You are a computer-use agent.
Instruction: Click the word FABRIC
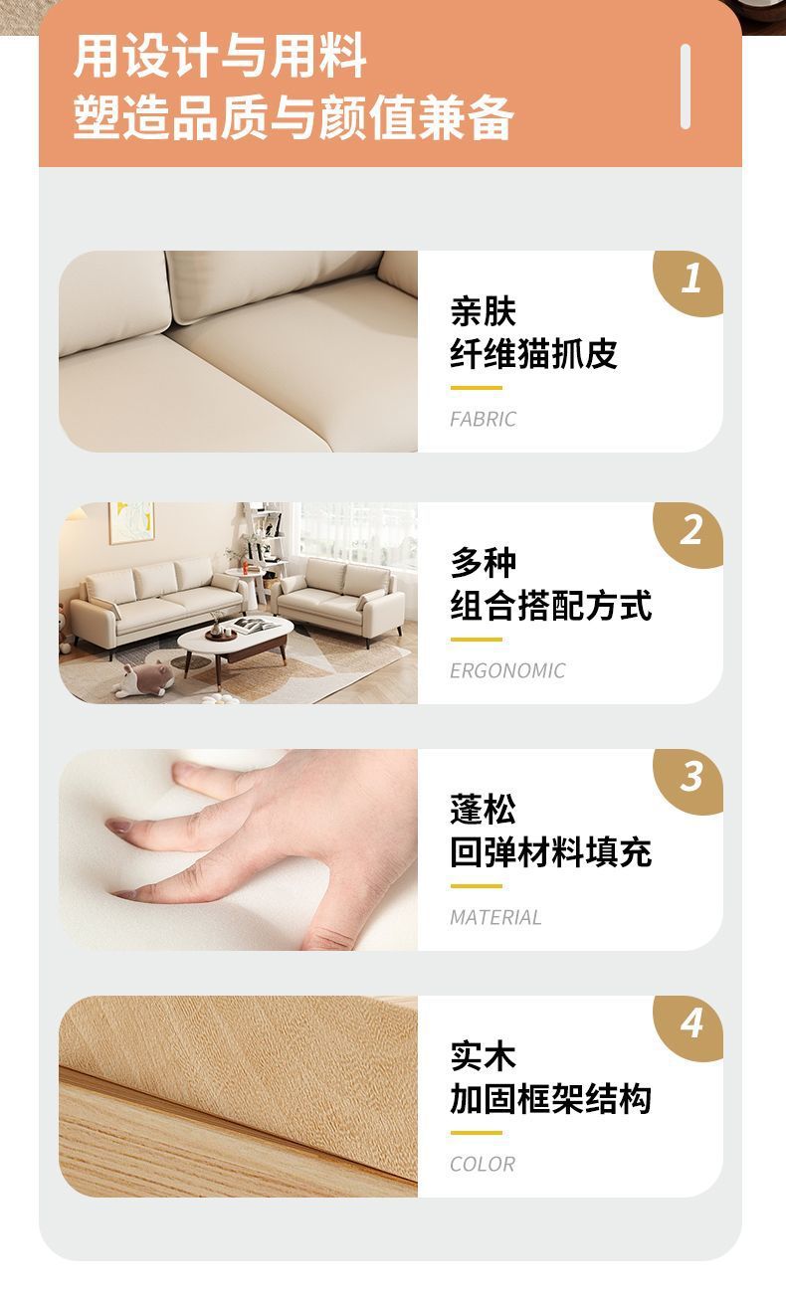[x=484, y=419]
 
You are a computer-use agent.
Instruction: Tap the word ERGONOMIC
[x=507, y=670]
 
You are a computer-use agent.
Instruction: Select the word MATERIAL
[x=495, y=917]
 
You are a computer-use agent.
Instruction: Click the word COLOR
[x=483, y=1164]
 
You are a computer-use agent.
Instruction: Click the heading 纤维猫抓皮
[x=533, y=353]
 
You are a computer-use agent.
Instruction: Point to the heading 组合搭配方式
[x=551, y=605]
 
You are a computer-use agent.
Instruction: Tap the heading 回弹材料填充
[x=551, y=851]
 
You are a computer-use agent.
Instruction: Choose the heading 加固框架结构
[x=551, y=1098]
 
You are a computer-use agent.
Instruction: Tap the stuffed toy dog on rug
[x=144, y=679]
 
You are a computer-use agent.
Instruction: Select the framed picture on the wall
[x=131, y=522]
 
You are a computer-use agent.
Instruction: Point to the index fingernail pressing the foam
[x=119, y=826]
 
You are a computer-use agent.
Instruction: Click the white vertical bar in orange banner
[x=686, y=87]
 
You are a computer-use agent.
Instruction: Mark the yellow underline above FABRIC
[x=477, y=388]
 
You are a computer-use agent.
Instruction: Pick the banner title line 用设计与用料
[x=220, y=56]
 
